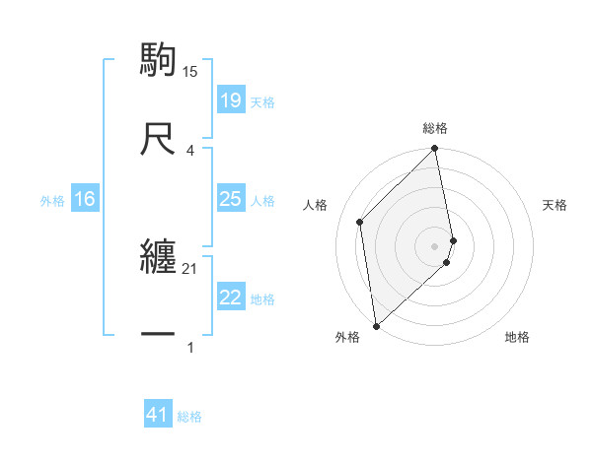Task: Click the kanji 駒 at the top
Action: tap(159, 59)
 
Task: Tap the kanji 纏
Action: tap(159, 256)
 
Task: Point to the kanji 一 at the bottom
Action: tap(159, 336)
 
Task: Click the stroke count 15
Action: tap(190, 71)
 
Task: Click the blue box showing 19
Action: tap(230, 100)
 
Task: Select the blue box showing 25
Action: tap(230, 199)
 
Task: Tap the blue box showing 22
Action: tap(230, 298)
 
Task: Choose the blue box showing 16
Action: tap(84, 199)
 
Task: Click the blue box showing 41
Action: tap(158, 415)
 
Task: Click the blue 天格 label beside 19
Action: tap(262, 102)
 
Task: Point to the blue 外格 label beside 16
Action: tap(52, 201)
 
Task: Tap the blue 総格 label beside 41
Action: tap(189, 417)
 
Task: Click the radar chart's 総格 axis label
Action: tap(435, 128)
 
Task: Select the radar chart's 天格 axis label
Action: tap(555, 205)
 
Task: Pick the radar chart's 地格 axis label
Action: tap(517, 337)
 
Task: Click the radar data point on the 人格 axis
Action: tap(360, 222)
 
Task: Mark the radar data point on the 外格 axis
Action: tap(376, 325)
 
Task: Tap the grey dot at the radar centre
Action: tap(435, 245)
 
